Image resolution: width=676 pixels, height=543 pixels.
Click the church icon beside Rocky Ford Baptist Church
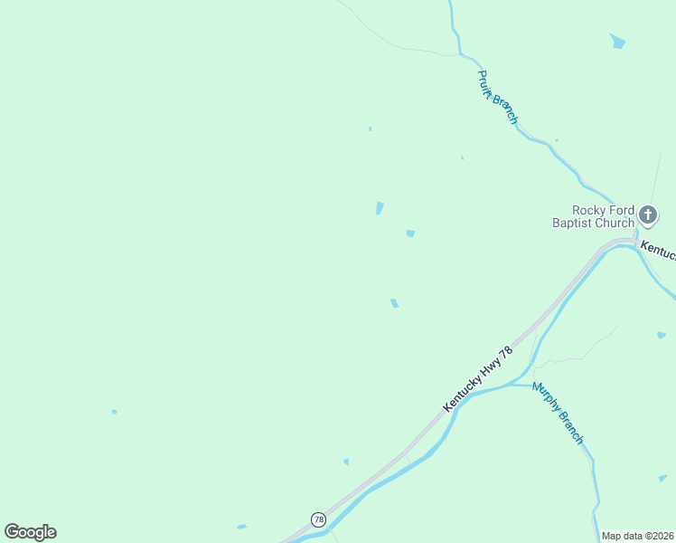pos(647,214)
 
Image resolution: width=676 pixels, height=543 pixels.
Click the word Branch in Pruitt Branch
pos(505,110)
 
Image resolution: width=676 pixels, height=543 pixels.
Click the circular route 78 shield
pos(318,519)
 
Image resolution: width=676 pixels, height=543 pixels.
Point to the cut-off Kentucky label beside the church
pos(658,248)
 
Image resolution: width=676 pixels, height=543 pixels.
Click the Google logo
pos(30,532)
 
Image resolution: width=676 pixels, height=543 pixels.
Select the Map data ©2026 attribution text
pos(638,536)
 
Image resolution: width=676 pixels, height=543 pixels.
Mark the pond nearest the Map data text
pos(662,478)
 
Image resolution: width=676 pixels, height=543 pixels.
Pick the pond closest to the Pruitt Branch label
pos(463,157)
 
